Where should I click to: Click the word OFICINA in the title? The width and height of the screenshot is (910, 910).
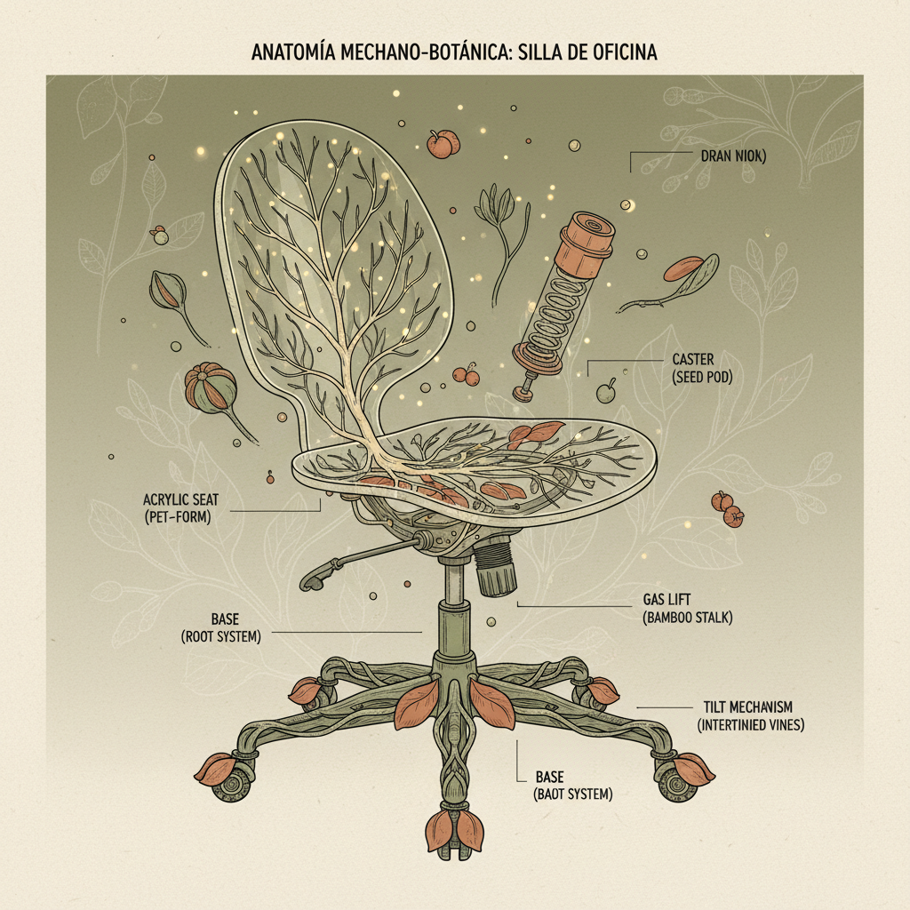pyautogui.click(x=618, y=52)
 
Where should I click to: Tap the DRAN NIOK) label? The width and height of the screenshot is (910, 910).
pyautogui.click(x=733, y=156)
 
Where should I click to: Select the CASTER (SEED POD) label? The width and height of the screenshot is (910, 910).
pyautogui.click(x=702, y=368)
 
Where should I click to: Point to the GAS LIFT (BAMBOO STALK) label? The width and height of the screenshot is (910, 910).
pyautogui.click(x=688, y=608)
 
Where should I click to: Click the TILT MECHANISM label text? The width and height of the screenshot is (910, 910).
pyautogui.click(x=747, y=706)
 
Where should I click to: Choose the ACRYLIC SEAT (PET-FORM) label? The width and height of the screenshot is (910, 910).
pyautogui.click(x=181, y=507)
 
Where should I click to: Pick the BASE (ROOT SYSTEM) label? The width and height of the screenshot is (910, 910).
pyautogui.click(x=221, y=627)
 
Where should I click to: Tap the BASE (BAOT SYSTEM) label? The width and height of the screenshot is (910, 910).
pyautogui.click(x=573, y=786)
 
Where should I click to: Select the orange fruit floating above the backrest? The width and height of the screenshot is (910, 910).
pyautogui.click(x=443, y=144)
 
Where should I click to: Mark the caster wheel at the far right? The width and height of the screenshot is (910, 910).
pyautogui.click(x=676, y=780)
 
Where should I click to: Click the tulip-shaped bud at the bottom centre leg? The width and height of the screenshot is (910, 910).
pyautogui.click(x=455, y=831)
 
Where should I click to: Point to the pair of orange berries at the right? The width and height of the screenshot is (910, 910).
pyautogui.click(x=728, y=509)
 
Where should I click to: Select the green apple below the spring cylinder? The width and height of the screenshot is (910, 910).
pyautogui.click(x=606, y=392)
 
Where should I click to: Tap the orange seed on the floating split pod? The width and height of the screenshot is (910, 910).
pyautogui.click(x=683, y=268)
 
